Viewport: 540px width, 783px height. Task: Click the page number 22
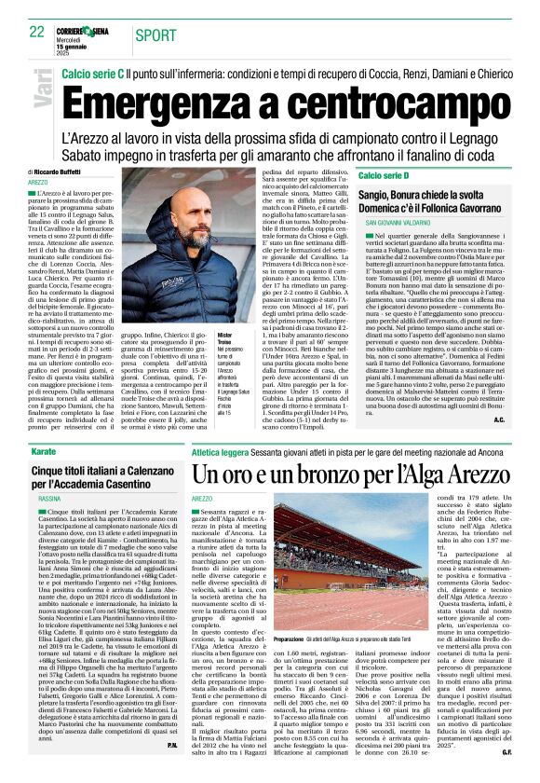point(36,32)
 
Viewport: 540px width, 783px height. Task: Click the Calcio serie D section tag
point(384,175)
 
